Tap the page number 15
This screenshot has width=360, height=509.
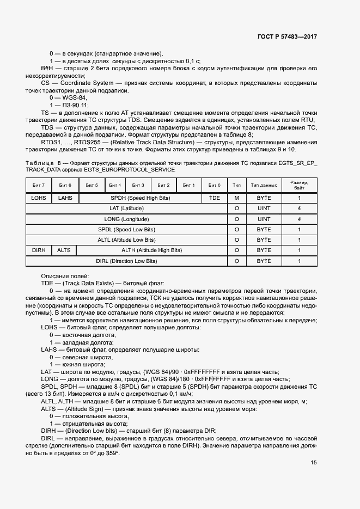point(314,463)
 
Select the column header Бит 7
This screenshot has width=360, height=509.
point(39,186)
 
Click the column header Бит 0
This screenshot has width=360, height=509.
point(215,186)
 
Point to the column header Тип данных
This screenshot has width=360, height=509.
point(264,186)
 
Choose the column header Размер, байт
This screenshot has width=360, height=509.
point(299,186)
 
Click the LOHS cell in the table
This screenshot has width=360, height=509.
point(39,198)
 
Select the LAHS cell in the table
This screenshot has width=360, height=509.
point(65,198)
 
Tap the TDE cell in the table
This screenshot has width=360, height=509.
point(215,198)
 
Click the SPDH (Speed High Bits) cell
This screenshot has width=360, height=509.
point(140,198)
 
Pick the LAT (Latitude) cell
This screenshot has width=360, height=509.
point(126,208)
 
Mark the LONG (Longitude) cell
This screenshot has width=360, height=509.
point(126,219)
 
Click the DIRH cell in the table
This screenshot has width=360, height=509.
point(39,250)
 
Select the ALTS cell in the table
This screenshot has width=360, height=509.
point(64,250)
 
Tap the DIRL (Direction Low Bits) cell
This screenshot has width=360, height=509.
point(126,261)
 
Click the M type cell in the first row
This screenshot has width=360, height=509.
point(236,198)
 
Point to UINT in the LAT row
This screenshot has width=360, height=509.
point(264,208)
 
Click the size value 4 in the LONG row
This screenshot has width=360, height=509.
point(299,219)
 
